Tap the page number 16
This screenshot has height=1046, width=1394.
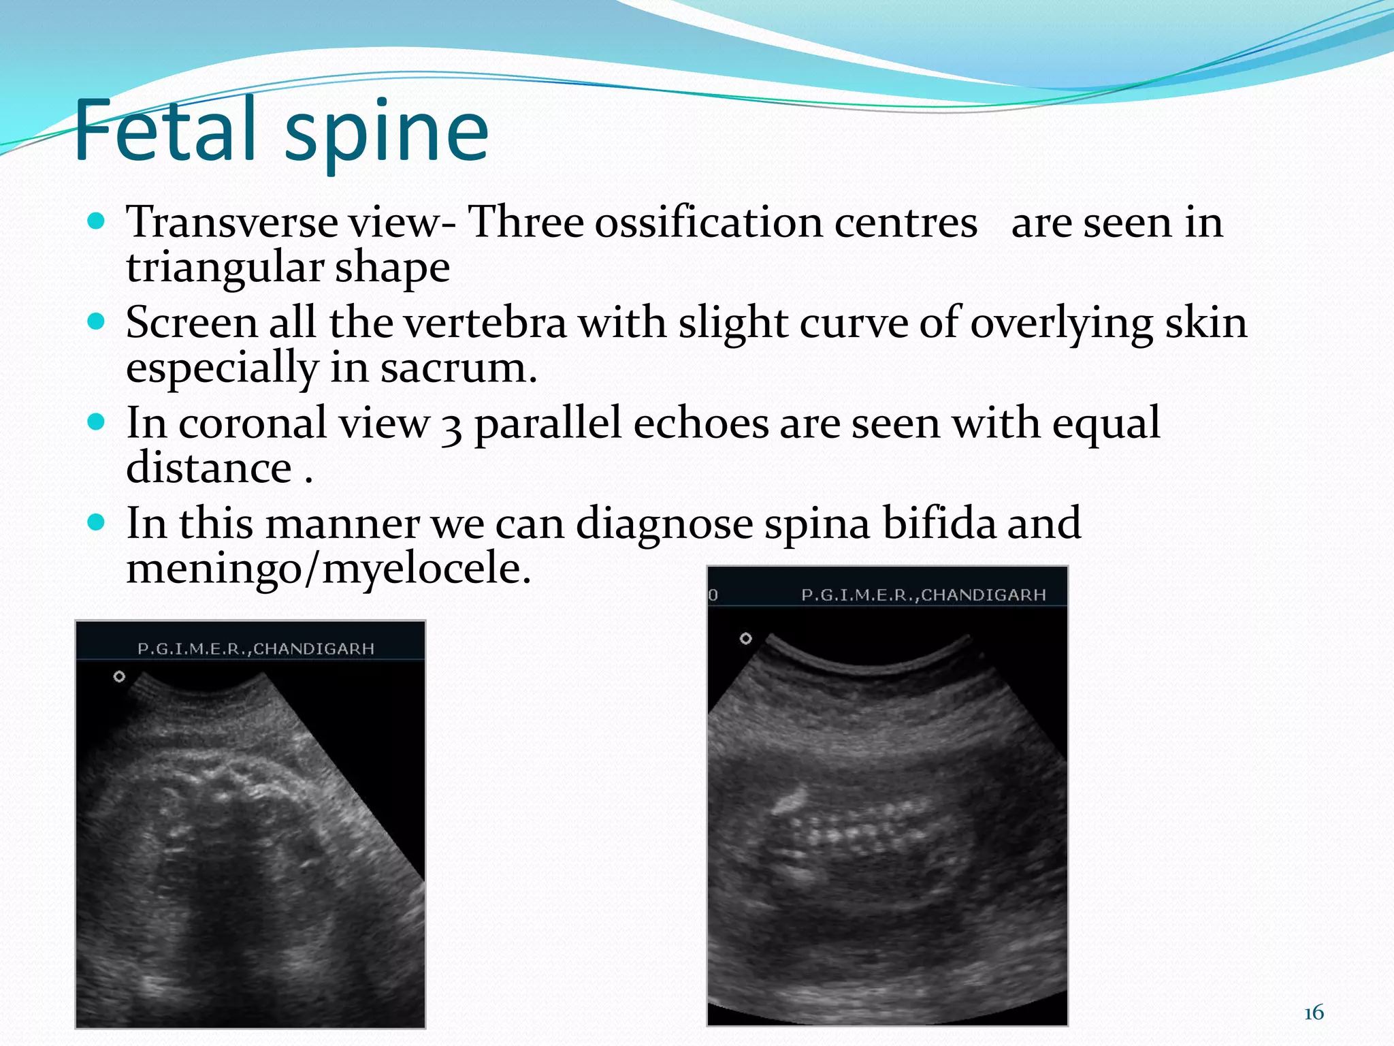[1314, 1013]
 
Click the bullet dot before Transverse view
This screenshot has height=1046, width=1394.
[97, 221]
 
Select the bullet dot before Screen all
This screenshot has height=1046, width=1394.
[97, 321]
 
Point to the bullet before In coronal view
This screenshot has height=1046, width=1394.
[97, 422]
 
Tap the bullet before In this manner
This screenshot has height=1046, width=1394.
[97, 522]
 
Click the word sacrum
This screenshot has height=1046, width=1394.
[458, 368]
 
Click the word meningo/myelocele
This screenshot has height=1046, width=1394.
[328, 569]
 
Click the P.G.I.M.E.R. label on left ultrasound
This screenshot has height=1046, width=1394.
[255, 648]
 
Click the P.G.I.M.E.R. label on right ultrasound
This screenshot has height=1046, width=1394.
[923, 595]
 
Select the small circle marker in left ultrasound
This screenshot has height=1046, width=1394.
[119, 676]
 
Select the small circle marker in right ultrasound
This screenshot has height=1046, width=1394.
[746, 638]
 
